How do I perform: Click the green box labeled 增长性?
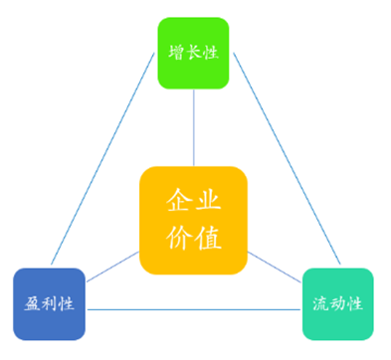(193, 53)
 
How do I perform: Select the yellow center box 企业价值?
(193, 220)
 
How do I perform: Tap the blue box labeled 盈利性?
(49, 302)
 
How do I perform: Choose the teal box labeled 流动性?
(337, 303)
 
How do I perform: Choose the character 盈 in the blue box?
(33, 302)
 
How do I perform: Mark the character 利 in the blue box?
(49, 302)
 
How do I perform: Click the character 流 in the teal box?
(321, 303)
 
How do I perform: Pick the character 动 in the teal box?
(337, 303)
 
